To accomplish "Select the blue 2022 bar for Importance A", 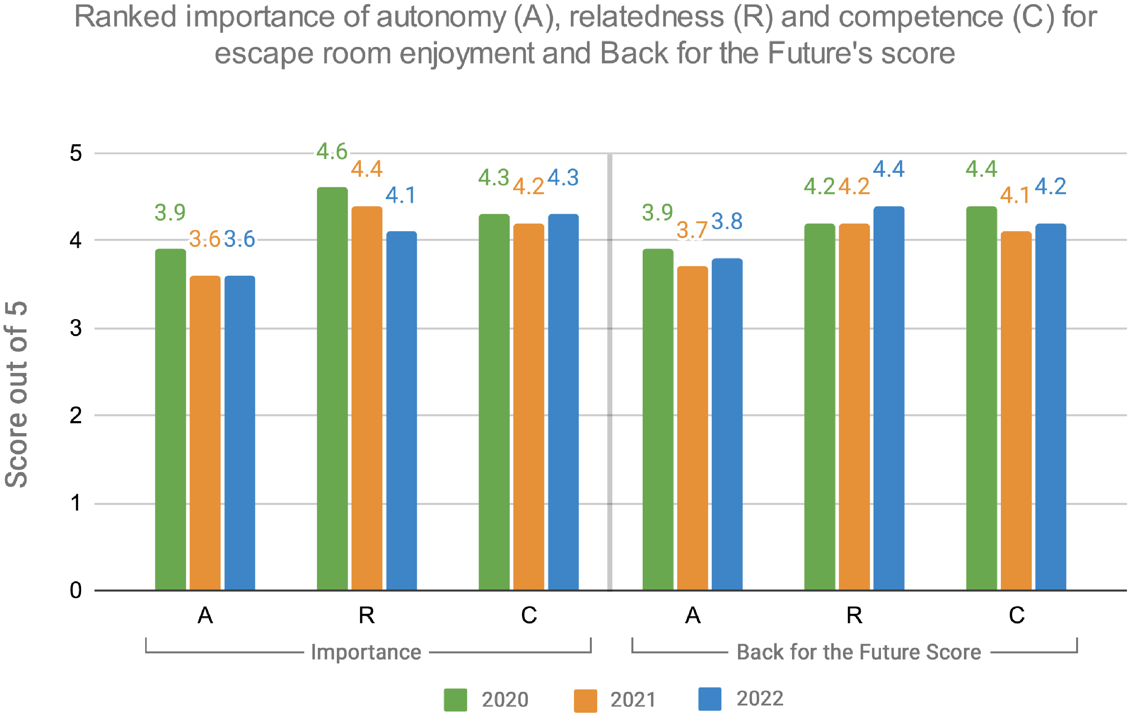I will pyautogui.click(x=240, y=432).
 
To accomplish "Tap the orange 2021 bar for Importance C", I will pyautogui.click(x=529, y=406).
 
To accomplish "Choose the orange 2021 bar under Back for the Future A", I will pyautogui.click(x=692, y=428).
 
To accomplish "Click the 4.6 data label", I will pyautogui.click(x=331, y=151).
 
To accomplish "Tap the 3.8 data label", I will pyautogui.click(x=727, y=221).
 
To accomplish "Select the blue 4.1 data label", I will pyautogui.click(x=400, y=195).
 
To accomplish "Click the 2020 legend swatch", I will pyautogui.click(x=455, y=699).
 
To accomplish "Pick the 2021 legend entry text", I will pyautogui.click(x=633, y=699).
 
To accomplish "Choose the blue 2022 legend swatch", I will pyautogui.click(x=709, y=699).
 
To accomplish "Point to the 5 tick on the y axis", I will pyautogui.click(x=76, y=153).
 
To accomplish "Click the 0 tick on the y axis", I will pyautogui.click(x=76, y=590).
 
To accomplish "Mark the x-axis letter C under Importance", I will pyautogui.click(x=529, y=615).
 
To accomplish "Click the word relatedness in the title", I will pyautogui.click(x=647, y=17).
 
